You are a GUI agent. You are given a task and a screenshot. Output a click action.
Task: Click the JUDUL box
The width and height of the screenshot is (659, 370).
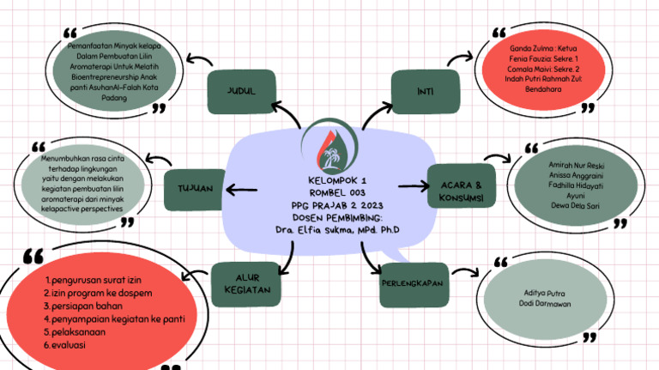240,91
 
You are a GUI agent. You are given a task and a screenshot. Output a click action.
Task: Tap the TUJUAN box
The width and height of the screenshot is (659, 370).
195,189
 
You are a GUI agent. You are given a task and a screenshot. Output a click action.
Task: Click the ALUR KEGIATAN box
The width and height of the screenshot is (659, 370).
247,282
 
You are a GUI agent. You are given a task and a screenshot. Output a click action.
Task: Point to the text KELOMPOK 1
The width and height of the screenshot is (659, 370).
336,181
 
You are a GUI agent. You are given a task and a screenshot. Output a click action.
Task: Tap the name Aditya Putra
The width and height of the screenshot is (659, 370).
545,294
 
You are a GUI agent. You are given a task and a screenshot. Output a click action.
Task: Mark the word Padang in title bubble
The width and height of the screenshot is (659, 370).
113,98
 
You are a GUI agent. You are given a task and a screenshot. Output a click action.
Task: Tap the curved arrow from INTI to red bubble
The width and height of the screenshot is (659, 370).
458,60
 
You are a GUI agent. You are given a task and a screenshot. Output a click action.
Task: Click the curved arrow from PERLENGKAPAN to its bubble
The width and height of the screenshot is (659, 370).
465,272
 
